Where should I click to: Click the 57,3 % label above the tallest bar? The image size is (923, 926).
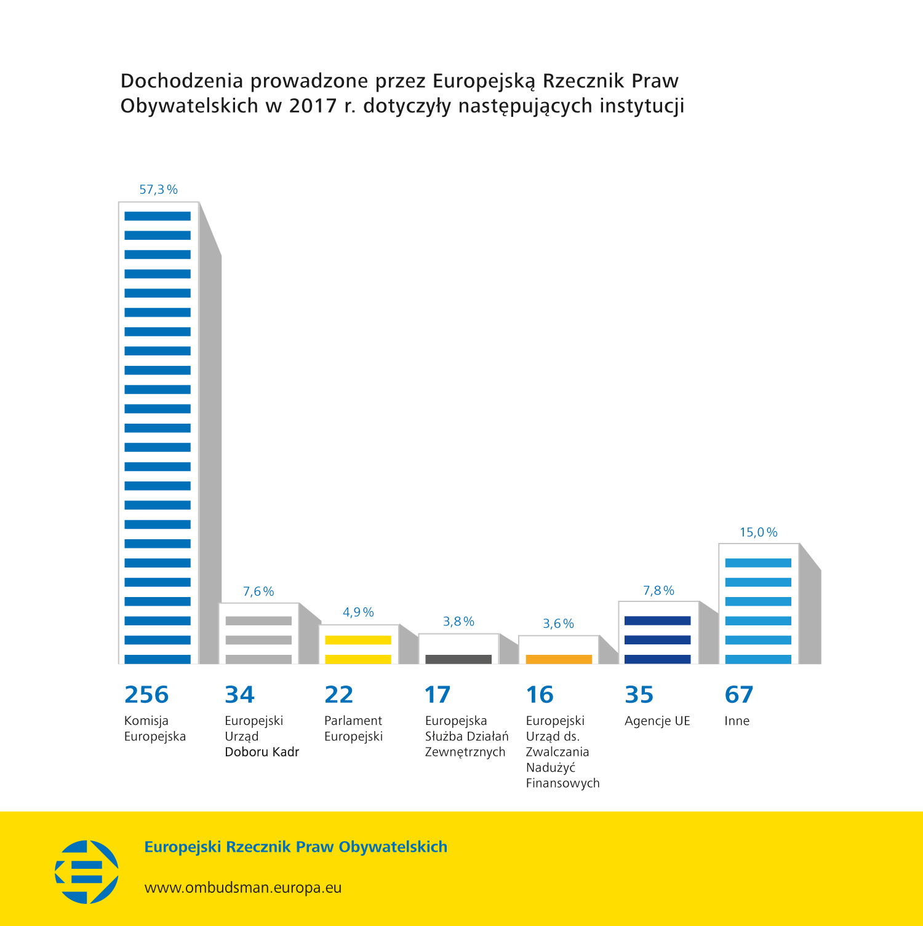point(158,190)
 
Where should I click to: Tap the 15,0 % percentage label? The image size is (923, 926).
point(758,532)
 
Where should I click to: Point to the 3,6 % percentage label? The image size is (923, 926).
point(558,624)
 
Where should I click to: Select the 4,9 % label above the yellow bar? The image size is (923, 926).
point(358,612)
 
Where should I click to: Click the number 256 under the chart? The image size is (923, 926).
point(146,695)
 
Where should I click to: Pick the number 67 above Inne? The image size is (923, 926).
point(739,695)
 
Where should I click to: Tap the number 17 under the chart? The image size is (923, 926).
point(438,695)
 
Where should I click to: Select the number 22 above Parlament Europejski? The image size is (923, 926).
point(339,695)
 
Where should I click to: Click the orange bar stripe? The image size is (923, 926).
point(559,659)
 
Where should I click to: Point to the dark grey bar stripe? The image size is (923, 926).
point(458,659)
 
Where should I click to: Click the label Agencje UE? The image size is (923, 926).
point(657,721)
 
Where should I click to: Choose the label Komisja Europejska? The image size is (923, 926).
point(154,729)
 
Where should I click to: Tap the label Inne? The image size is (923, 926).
point(737,721)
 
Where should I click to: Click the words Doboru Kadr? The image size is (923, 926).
point(262,752)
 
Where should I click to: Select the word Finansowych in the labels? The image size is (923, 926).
point(562,783)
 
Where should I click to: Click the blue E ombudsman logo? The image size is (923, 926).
point(87,872)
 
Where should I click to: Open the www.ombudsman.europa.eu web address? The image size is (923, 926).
point(243,888)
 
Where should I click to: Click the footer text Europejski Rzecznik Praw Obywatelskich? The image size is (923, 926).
point(295,847)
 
